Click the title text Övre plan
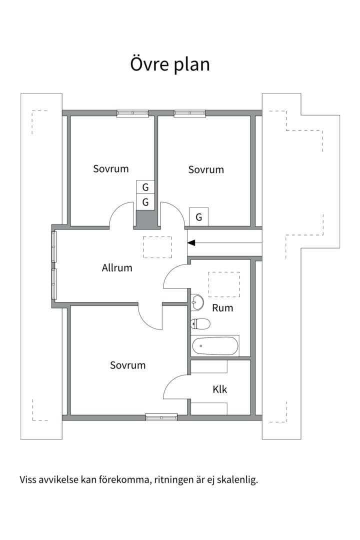pyautogui.click(x=170, y=64)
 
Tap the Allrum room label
pyautogui.click(x=117, y=267)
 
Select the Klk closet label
pyautogui.click(x=220, y=389)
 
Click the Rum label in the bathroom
pyautogui.click(x=222, y=307)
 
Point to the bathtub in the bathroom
pyautogui.click(x=215, y=346)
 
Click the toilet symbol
pyautogui.click(x=200, y=323)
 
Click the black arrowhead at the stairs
pyautogui.click(x=191, y=243)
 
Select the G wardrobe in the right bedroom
pyautogui.click(x=199, y=217)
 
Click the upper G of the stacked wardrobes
pyautogui.click(x=145, y=187)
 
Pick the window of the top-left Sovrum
pyautogui.click(x=132, y=113)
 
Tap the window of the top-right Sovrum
pyautogui.click(x=190, y=113)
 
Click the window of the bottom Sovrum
pyautogui.click(x=161, y=417)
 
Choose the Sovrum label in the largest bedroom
pyautogui.click(x=128, y=365)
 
